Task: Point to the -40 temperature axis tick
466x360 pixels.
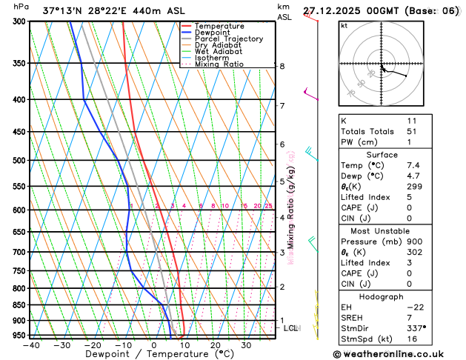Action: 30,345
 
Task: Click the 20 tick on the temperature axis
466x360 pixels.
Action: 215,345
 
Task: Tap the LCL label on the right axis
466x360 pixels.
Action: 290,327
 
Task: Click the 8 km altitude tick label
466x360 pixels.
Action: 282,66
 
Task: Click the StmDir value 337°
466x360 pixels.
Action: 416,327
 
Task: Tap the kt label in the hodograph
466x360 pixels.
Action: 344,26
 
